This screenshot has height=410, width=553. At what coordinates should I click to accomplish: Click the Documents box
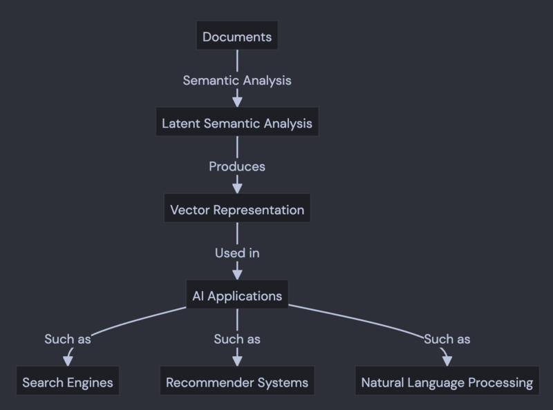237,37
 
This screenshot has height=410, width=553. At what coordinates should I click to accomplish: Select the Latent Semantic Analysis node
237,124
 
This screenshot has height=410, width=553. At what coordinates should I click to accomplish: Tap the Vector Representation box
237,209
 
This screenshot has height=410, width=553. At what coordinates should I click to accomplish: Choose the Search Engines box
67,382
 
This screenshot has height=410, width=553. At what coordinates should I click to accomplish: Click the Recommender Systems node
237,382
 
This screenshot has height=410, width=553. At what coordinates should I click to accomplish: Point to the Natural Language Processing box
447,382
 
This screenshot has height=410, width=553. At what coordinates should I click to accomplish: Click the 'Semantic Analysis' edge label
237,80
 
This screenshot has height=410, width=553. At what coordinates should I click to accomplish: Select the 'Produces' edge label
237,166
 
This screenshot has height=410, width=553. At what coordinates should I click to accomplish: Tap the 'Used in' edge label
237,253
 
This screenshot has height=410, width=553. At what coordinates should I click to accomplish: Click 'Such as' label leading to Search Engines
68,339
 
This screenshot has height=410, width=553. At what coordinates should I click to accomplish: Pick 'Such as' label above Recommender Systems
237,339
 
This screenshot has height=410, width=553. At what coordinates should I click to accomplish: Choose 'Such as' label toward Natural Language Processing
447,339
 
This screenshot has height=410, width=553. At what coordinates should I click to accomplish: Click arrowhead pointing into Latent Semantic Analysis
237,101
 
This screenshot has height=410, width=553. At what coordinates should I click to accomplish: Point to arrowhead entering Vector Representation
237,188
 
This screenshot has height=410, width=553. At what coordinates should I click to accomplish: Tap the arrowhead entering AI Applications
237,274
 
